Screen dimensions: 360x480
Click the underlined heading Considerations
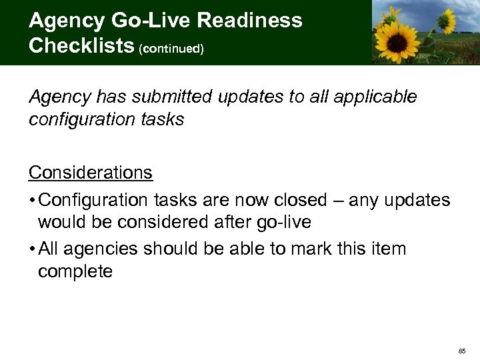click(x=91, y=173)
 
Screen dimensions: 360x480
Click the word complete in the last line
click(x=75, y=271)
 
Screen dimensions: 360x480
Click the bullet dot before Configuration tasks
click(x=32, y=201)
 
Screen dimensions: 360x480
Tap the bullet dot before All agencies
click(x=32, y=250)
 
